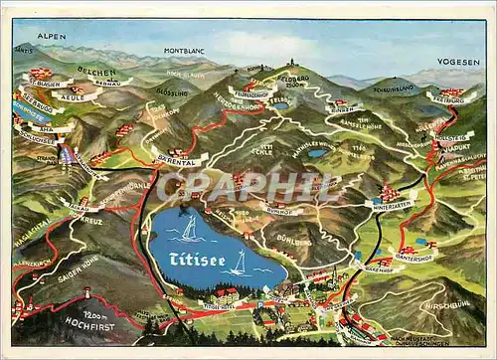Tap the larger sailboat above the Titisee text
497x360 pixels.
tap(189, 228)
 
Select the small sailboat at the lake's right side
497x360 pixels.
tap(239, 263)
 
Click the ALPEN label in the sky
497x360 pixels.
tap(52, 36)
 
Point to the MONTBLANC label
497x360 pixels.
tap(183, 50)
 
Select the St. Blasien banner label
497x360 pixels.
tap(44, 85)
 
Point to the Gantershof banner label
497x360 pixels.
tap(414, 256)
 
